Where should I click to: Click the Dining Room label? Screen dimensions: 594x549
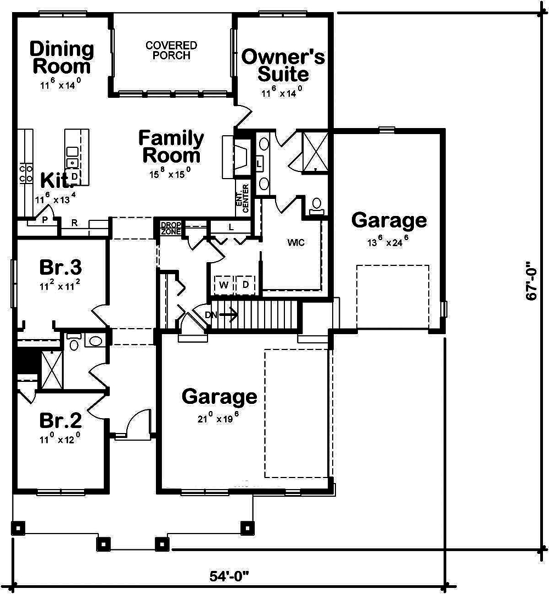(x=61, y=57)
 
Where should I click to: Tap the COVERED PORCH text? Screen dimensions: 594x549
(x=171, y=51)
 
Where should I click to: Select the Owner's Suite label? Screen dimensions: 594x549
(x=283, y=64)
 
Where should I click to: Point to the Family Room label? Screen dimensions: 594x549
(x=171, y=146)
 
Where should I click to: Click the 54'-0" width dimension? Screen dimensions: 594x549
(x=229, y=576)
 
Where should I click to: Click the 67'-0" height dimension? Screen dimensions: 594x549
(x=531, y=280)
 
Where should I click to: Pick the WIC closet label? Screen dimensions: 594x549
(x=295, y=242)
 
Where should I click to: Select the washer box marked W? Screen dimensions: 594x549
(x=224, y=285)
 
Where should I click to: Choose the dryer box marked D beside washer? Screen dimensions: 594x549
(x=245, y=285)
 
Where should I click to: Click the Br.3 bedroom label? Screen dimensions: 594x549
(x=60, y=268)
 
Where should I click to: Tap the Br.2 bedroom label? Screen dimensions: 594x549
(x=60, y=421)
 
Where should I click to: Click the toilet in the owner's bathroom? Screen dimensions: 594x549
(x=316, y=206)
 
